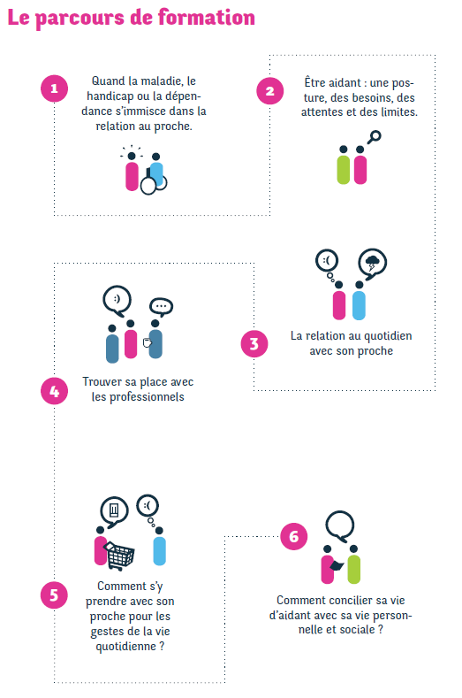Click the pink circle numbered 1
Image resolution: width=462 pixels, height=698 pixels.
tap(54, 88)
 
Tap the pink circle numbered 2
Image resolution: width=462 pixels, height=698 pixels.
tap(270, 91)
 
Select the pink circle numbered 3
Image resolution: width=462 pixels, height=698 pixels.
tap(254, 343)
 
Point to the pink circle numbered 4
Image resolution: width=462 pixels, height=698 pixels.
tap(54, 391)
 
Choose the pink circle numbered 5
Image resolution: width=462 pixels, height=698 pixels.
tap(54, 595)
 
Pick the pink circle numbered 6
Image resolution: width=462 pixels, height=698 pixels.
tap(294, 536)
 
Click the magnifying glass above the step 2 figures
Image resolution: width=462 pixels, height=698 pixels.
tap(374, 137)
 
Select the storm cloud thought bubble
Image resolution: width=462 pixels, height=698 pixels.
tap(373, 263)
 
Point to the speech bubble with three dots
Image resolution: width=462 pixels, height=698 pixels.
tap(161, 307)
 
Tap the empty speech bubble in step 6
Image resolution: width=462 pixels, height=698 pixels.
tap(340, 526)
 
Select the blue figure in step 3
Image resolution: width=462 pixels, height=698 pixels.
tap(359, 301)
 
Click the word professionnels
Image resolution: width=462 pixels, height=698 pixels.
tap(147, 397)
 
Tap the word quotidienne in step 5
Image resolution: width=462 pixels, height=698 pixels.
tap(126, 647)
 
